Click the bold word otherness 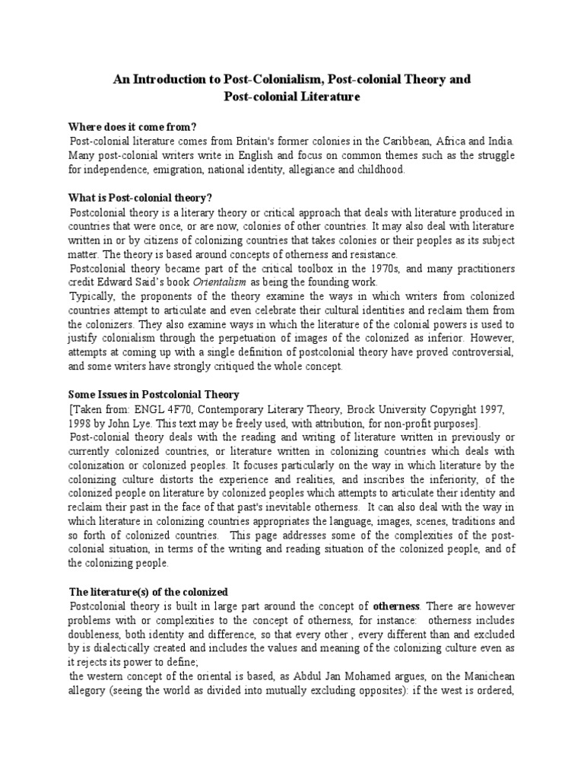pyautogui.click(x=396, y=606)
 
